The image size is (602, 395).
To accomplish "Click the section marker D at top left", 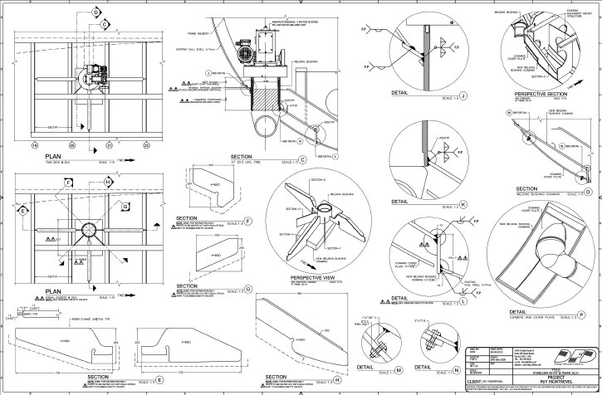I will (x=95, y=12).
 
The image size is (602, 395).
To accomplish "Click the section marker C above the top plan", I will (x=105, y=25).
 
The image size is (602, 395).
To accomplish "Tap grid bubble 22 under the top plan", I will (x=146, y=144).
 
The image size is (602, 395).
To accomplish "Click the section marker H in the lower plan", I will (x=108, y=180).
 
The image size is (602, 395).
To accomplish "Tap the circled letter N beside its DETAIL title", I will (x=458, y=368).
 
